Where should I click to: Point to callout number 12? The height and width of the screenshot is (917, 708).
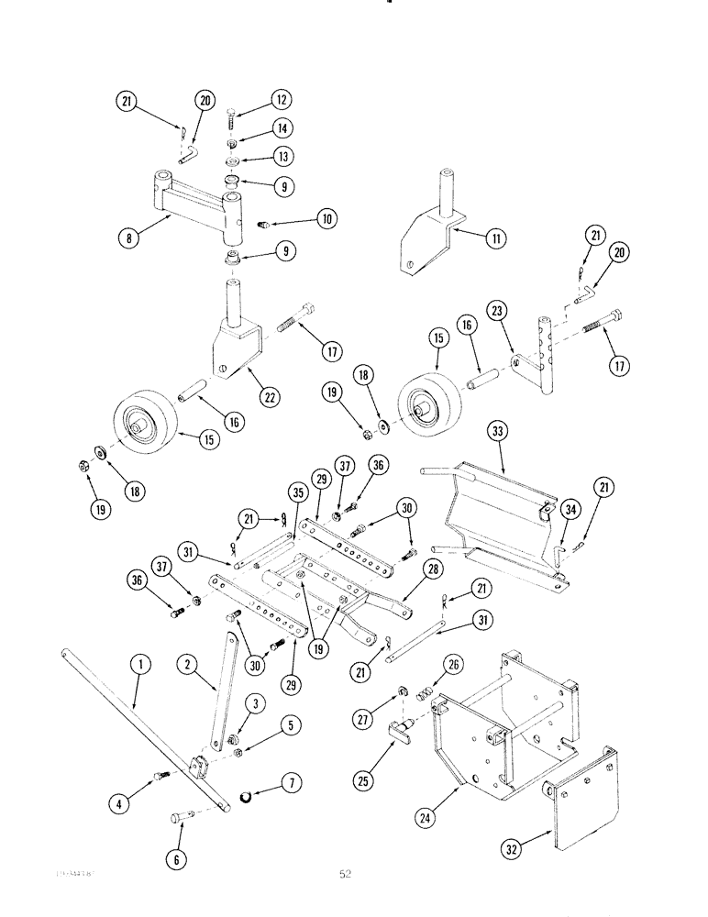[x=280, y=100]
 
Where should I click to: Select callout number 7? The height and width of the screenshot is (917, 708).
[x=292, y=783]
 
